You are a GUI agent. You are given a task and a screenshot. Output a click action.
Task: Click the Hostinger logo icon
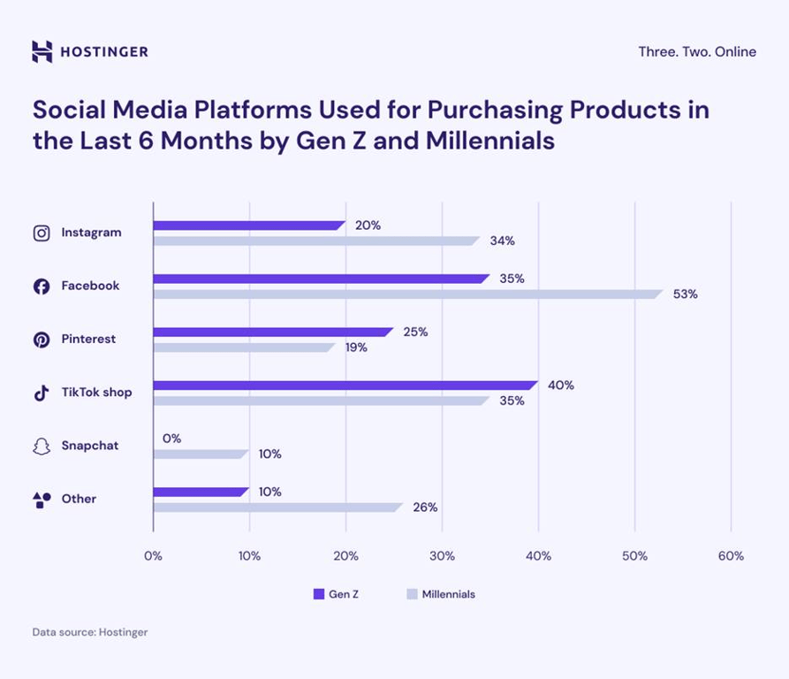coord(42,51)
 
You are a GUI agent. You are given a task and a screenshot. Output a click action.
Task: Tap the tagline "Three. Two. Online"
coord(697,51)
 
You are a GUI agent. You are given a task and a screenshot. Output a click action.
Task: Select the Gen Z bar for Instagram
coord(249,225)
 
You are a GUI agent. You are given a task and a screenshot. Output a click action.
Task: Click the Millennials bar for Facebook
coord(407,294)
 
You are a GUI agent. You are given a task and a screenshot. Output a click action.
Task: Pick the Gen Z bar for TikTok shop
coord(345,385)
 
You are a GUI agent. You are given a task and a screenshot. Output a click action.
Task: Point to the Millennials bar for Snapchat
coord(201,454)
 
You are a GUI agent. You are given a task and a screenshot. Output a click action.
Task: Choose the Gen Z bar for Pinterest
coord(273,332)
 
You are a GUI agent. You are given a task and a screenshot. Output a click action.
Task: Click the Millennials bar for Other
coord(277,507)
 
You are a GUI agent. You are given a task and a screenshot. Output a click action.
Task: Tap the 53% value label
coord(686,294)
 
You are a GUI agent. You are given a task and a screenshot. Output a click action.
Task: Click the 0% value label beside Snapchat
coord(171,439)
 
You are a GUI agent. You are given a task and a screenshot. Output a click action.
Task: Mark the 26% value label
coord(425,507)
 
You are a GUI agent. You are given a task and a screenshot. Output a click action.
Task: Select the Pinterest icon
coord(42,339)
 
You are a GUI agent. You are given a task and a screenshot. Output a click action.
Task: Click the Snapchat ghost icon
coord(42,446)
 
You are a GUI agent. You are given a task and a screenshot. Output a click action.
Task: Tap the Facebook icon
coord(42,286)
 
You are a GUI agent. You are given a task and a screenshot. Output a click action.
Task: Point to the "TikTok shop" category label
coord(96,392)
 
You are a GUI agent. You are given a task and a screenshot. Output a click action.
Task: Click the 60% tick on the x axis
coord(731,556)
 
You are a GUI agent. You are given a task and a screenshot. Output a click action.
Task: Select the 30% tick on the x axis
coord(442,556)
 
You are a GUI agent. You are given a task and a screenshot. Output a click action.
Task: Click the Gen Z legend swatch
coord(319,594)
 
